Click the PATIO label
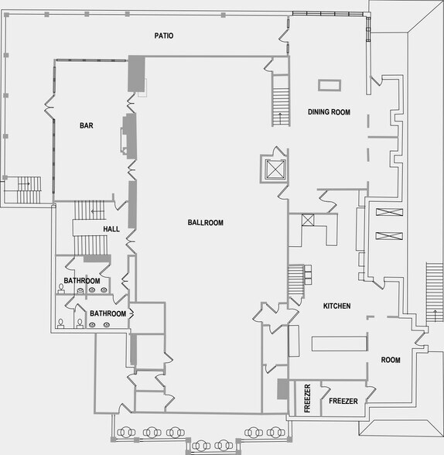pos(164,36)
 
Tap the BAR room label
pos(87,125)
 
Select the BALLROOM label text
pos(206,223)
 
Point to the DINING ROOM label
pos(329,112)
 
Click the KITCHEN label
pos(337,306)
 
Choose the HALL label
pos(111,229)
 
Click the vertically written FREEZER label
pos(307,398)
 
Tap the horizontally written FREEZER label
pos(343,401)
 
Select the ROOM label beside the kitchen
pos(391,360)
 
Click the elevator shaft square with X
pos(275,169)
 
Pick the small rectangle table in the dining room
pos(330,85)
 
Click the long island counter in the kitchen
pos(340,344)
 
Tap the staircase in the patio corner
pos(29,190)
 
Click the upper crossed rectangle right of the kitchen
pos(389,212)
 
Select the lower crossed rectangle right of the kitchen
pos(389,236)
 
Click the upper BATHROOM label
pos(82,281)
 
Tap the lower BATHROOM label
pos(108,313)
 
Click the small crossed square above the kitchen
pos(308,220)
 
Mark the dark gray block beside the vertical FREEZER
pos(283,388)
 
